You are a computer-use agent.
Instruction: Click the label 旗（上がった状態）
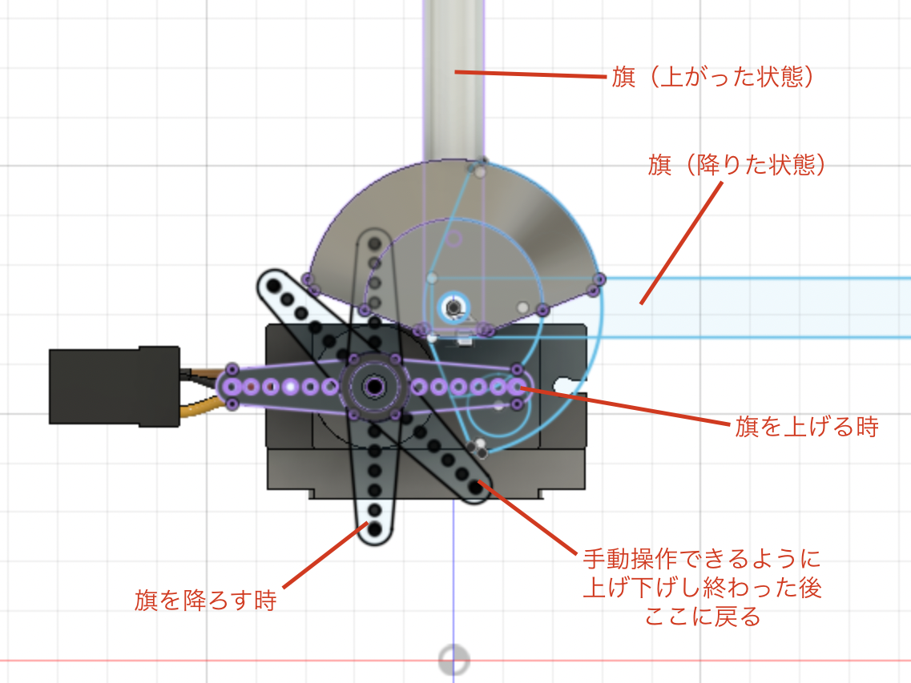click(x=712, y=77)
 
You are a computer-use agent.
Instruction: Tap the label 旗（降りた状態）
click(x=736, y=165)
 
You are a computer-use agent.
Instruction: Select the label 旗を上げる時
click(x=806, y=427)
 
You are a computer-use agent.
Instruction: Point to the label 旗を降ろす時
click(x=206, y=600)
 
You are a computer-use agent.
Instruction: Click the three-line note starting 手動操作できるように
click(x=702, y=587)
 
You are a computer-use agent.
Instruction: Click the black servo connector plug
click(x=115, y=386)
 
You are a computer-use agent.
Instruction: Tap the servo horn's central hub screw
click(x=374, y=386)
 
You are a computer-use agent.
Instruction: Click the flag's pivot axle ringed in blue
click(x=453, y=307)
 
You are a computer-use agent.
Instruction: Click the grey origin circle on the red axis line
click(x=453, y=660)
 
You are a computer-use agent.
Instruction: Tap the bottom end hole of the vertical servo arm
click(x=375, y=529)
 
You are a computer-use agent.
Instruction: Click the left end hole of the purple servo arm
click(x=232, y=386)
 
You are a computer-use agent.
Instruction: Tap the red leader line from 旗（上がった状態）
click(x=530, y=74)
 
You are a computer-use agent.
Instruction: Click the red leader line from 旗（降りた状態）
click(x=682, y=243)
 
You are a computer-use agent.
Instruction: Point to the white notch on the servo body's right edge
click(x=570, y=384)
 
